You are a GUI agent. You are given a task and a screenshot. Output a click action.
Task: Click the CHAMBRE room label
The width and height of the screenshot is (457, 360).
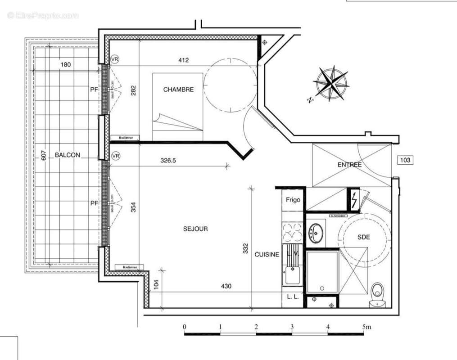tap(178, 90)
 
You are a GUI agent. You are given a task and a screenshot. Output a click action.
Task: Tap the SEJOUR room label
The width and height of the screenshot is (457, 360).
tap(195, 229)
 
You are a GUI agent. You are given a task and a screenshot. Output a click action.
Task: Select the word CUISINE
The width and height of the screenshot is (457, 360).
tap(267, 254)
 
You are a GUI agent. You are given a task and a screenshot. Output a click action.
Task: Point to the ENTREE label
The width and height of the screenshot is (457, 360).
tap(349, 165)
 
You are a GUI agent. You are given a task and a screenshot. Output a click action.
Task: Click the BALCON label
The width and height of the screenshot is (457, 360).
tap(68, 155)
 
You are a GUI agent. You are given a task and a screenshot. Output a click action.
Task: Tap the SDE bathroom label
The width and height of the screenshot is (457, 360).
tap(363, 237)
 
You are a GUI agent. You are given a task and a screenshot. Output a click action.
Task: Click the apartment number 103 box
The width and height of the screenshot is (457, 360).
tap(405, 160)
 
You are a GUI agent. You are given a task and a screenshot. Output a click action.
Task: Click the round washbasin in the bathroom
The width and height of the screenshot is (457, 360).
tap(317, 233)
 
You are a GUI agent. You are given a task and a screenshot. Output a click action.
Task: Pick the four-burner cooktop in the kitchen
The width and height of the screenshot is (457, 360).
tap(293, 234)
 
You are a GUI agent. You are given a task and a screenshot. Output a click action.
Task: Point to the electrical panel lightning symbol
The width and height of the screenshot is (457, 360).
tap(355, 199)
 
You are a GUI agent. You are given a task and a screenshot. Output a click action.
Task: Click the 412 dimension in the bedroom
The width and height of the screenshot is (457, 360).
tap(183, 60)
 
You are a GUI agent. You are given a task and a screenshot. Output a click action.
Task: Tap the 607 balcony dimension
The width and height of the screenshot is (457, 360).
tap(44, 155)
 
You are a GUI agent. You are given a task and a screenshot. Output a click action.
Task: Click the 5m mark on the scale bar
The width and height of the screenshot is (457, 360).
tap(366, 327)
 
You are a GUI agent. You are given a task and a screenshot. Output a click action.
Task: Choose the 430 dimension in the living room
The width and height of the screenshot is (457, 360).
tap(226, 286)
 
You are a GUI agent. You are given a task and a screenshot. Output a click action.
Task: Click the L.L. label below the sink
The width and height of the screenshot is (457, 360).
tap(293, 297)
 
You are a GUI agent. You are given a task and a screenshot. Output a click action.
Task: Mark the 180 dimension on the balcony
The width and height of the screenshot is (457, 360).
tap(66, 65)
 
